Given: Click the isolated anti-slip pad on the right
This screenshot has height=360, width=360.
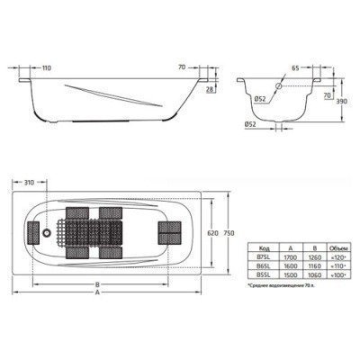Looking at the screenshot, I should click(x=166, y=231).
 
